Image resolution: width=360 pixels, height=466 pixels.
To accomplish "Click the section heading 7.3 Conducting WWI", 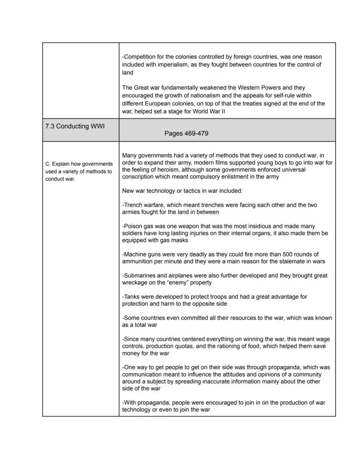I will (75, 126).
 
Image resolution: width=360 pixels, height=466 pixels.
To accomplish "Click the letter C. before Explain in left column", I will (47, 164).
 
